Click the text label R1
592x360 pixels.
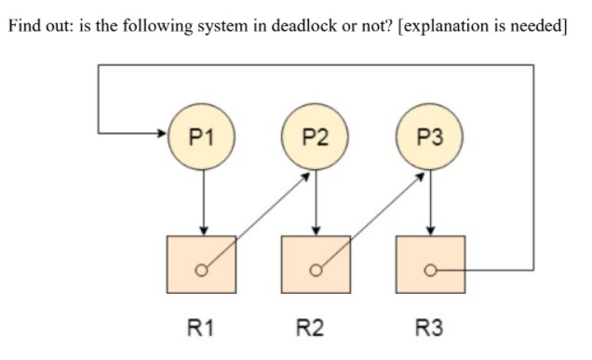(202, 327)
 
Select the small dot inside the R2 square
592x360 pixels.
(316, 272)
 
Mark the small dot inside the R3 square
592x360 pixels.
(429, 272)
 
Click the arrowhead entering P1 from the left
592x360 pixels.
(164, 132)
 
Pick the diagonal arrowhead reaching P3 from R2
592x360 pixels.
(419, 175)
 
